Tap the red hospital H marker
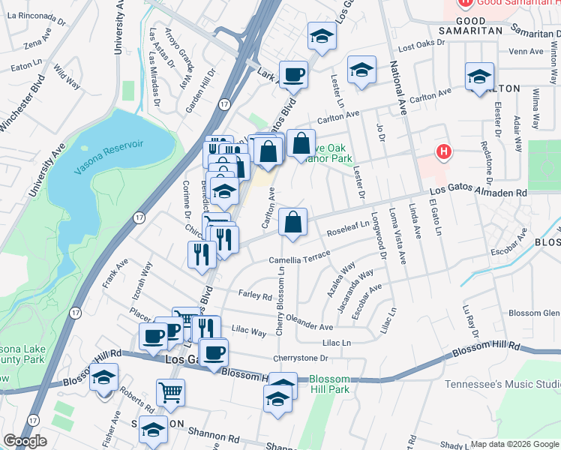point(445,152)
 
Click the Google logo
point(25,441)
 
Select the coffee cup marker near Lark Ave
point(293,75)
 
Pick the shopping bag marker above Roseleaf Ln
point(293,223)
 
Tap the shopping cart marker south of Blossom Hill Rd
point(171,392)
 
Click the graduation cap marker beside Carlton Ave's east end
point(479,77)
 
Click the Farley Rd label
point(254,295)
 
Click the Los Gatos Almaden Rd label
point(478,190)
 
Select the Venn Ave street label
point(525,52)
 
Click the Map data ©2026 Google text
point(514,443)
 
